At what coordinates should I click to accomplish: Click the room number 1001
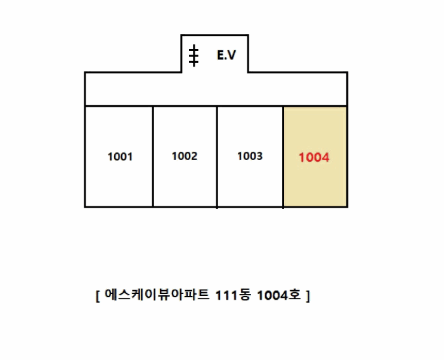pos(120,157)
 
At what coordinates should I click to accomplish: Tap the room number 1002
pos(185,156)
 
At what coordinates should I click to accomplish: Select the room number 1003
pos(250,156)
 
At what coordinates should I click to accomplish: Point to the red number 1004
pos(315,157)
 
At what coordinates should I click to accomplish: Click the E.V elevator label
pos(226,56)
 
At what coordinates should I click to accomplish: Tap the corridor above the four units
pos(216,89)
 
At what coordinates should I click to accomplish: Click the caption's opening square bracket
pos(98,297)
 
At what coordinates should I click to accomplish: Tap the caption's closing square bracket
pos(308,297)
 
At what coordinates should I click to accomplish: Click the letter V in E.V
pos(232,56)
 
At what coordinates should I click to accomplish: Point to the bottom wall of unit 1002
pos(185,206)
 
